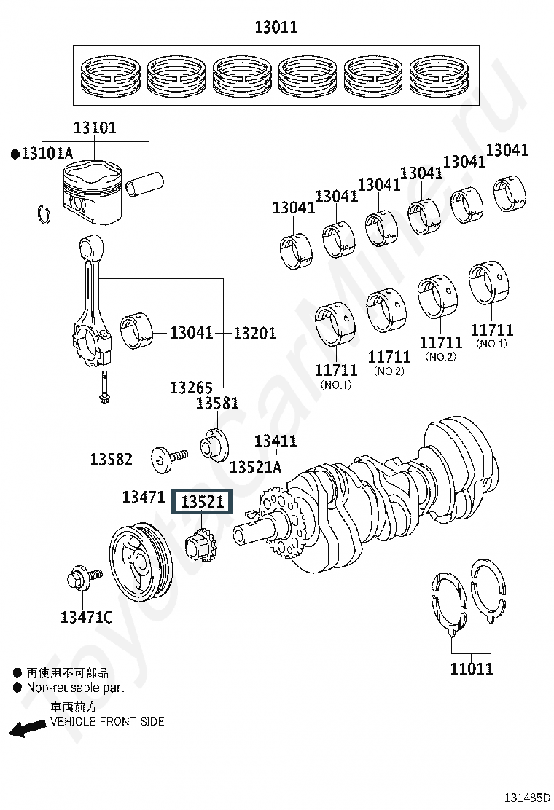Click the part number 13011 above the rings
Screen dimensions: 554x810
(276, 27)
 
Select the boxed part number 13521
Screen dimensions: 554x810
(203, 501)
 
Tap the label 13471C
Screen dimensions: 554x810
(86, 617)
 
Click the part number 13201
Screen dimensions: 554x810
(255, 333)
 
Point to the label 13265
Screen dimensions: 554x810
(191, 388)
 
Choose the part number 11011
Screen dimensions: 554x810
(472, 669)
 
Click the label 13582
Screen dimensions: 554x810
(112, 459)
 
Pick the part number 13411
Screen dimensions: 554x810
(276, 441)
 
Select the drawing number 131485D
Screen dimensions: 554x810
(527, 798)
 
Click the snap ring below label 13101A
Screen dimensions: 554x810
(44, 214)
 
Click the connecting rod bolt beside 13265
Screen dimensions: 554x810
(104, 388)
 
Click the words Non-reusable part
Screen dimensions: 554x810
(76, 688)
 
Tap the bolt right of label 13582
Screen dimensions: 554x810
(169, 457)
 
